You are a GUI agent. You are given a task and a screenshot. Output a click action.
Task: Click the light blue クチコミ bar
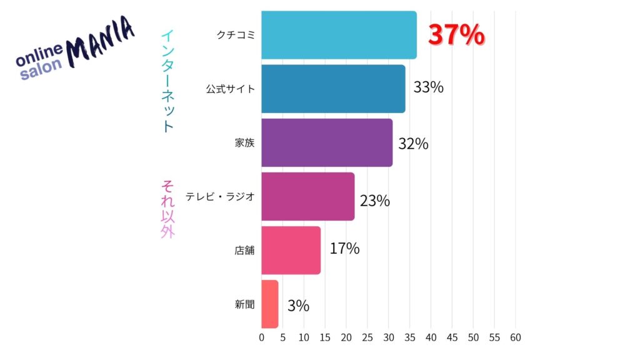click(x=339, y=35)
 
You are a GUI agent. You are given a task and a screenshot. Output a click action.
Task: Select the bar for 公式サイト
click(x=333, y=89)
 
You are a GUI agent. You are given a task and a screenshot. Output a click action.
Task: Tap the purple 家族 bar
click(x=327, y=142)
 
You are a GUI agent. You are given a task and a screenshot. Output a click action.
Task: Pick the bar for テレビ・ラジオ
click(x=307, y=196)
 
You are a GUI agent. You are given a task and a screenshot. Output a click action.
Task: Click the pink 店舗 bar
click(x=291, y=250)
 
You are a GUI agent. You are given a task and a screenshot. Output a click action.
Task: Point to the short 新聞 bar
click(x=269, y=304)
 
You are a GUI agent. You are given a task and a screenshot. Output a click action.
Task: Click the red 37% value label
click(x=456, y=36)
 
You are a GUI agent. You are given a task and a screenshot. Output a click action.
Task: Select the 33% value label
click(x=428, y=87)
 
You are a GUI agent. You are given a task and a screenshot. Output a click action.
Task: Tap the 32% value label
click(x=413, y=144)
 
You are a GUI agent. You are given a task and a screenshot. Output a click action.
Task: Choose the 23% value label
click(x=374, y=201)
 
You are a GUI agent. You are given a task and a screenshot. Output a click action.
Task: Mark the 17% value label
click(x=344, y=249)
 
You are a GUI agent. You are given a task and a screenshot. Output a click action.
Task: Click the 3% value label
click(x=298, y=306)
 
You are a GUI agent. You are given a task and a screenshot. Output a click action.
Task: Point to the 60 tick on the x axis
click(x=516, y=337)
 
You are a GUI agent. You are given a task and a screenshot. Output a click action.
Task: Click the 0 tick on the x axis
click(x=262, y=337)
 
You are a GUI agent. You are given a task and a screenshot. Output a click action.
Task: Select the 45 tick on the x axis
click(x=452, y=337)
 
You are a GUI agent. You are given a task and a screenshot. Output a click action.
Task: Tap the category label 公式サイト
click(x=231, y=89)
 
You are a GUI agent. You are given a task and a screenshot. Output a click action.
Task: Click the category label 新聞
click(x=245, y=304)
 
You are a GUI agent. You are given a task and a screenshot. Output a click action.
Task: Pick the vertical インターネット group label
click(x=167, y=81)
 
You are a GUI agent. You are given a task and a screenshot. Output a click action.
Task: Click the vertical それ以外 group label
click(x=167, y=209)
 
